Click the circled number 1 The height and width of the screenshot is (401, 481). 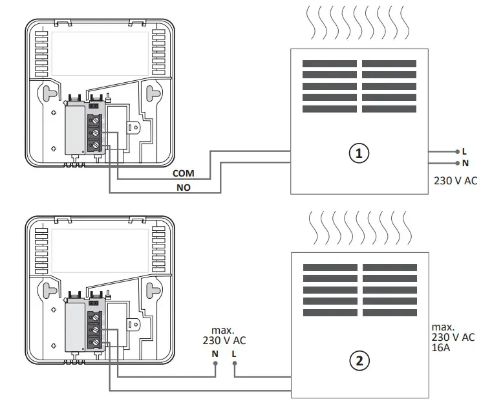(359, 153)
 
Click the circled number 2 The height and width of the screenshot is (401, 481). (359, 361)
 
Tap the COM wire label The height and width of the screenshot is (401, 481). (183, 174)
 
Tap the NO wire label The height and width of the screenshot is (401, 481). (183, 188)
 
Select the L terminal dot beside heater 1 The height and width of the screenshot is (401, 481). (457, 151)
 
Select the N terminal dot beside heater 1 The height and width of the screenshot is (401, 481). (457, 163)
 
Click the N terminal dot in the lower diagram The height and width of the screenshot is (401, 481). (215, 363)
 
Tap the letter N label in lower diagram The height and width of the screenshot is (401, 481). (215, 353)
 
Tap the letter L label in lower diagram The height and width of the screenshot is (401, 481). (234, 353)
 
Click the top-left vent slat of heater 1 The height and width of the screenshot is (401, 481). (329, 64)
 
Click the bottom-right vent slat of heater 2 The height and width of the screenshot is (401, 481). (389, 313)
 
